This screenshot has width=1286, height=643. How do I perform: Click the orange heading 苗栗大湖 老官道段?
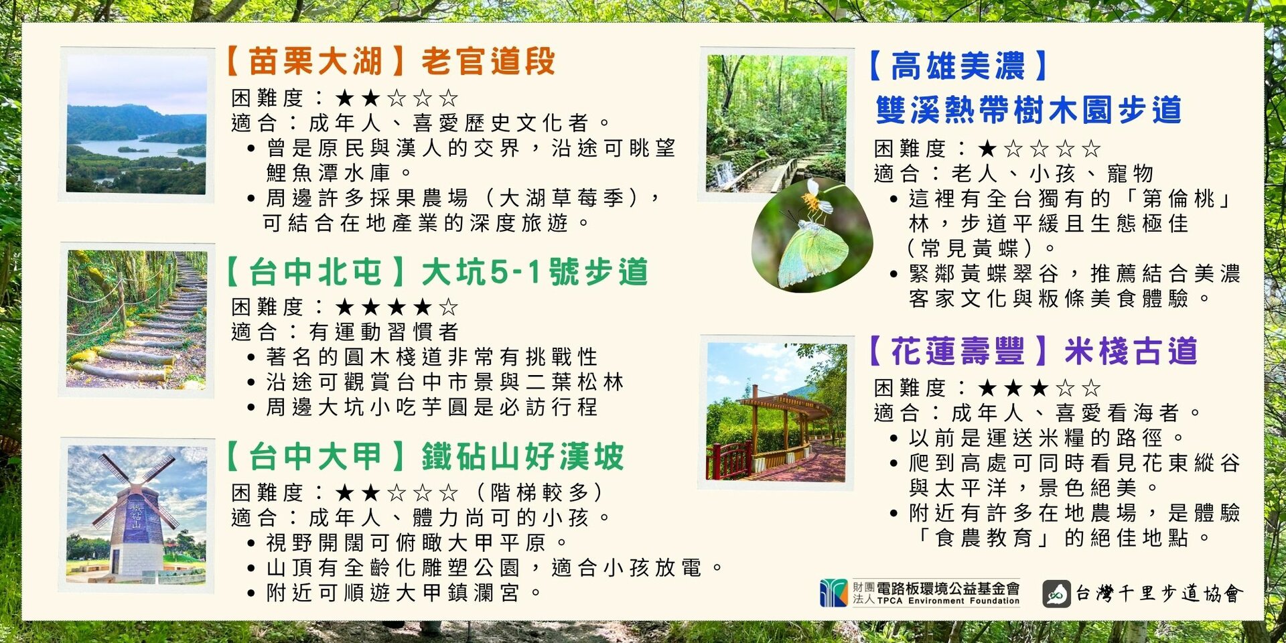390,62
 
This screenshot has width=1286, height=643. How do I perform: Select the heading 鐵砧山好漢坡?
523,457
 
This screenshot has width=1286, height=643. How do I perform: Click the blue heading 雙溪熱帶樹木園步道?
1028,110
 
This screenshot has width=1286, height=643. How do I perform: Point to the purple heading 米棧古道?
1131,351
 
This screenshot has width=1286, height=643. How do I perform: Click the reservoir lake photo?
137,125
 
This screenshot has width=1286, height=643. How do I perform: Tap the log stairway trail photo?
137,319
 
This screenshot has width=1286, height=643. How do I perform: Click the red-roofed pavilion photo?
776,412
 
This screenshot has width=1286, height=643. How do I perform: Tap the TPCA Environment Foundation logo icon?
833,593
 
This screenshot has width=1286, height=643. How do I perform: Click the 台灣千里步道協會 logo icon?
1056,593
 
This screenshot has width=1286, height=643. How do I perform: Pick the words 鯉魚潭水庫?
328,173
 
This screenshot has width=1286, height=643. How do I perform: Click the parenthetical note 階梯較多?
539,492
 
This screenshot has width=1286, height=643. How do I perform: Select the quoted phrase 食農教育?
984,538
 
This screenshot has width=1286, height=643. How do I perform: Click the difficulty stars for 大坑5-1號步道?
397,307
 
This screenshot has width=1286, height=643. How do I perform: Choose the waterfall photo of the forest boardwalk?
777,123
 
